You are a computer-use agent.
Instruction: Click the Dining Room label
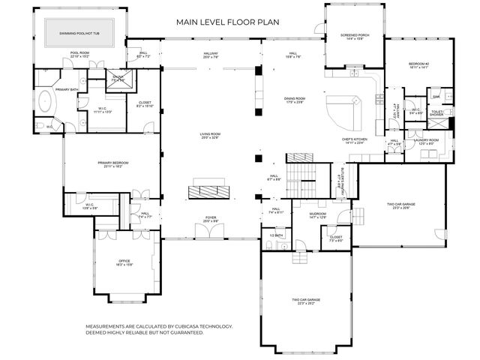click(295, 100)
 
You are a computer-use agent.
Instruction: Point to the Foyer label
click(211, 220)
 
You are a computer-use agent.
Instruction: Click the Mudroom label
click(318, 216)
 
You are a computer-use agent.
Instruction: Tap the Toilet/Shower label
click(438, 113)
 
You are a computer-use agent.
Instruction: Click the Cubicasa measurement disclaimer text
click(159, 330)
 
